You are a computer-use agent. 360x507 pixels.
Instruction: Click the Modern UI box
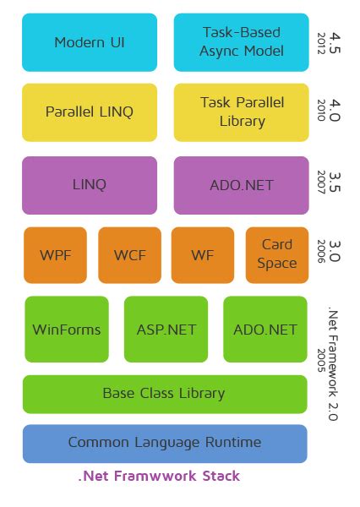90,42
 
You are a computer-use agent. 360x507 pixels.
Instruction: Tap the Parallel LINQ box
90,112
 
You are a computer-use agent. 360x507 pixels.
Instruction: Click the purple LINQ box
90,184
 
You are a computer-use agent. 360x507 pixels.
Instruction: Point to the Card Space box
276,254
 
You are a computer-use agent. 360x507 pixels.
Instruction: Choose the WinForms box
67,330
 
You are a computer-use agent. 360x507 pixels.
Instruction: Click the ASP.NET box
166,330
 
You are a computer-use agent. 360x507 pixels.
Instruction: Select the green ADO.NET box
265,330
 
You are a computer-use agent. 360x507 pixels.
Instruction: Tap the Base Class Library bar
164,394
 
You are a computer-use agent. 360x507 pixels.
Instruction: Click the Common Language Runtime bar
164,443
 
